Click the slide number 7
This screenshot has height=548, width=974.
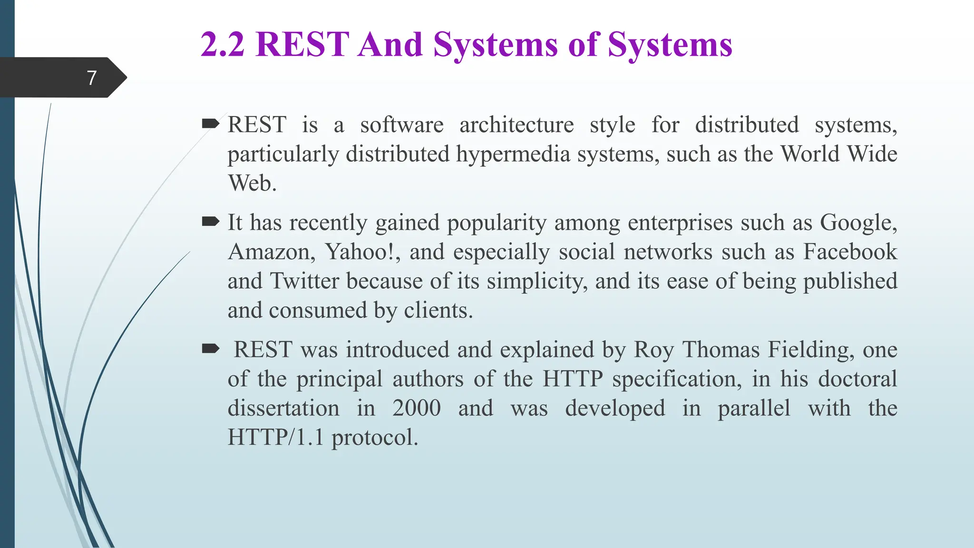pyautogui.click(x=92, y=78)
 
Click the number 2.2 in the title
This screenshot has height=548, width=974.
pyautogui.click(x=223, y=45)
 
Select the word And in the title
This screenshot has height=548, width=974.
pyautogui.click(x=390, y=45)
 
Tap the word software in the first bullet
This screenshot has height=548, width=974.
pyautogui.click(x=401, y=125)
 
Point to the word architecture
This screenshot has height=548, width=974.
pyautogui.click(x=516, y=125)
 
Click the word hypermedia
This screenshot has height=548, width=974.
pyautogui.click(x=513, y=155)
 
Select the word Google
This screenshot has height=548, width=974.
pyautogui.click(x=858, y=223)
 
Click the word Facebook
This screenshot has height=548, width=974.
pyautogui.click(x=850, y=252)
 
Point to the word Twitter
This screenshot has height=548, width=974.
pyautogui.click(x=304, y=281)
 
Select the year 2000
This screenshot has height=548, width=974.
pyautogui.click(x=417, y=409)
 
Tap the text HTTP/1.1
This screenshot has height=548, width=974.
pyautogui.click(x=275, y=438)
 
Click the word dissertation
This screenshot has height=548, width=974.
pyautogui.click(x=283, y=409)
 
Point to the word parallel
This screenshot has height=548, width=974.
pyautogui.click(x=754, y=409)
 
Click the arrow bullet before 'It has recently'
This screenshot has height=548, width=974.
pyautogui.click(x=210, y=221)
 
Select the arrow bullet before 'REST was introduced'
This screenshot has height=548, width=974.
pyautogui.click(x=210, y=349)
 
